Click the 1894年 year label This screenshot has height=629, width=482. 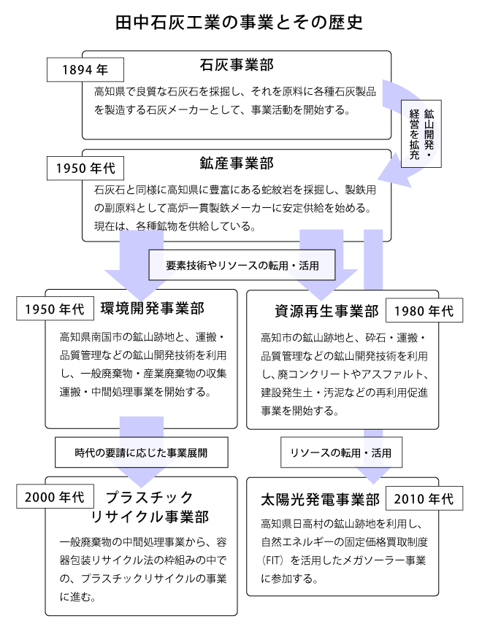[x=85, y=71]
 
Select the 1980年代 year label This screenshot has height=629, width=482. [x=424, y=311]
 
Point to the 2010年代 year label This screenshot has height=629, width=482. [x=424, y=499]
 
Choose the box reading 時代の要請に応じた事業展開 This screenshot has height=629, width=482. [x=141, y=452]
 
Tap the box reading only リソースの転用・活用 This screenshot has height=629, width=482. [x=341, y=452]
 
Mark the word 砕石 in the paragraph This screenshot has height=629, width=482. [x=375, y=339]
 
